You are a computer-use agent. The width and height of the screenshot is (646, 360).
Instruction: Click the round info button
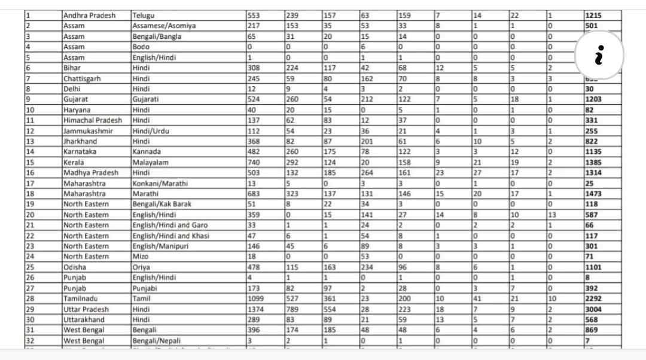(599, 55)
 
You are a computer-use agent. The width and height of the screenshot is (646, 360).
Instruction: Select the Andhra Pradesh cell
(89, 16)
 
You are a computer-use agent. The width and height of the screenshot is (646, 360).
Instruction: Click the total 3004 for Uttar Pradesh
(594, 309)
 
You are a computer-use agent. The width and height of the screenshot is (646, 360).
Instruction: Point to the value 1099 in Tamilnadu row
(256, 298)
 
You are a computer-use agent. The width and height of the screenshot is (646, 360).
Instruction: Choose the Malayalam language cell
(150, 162)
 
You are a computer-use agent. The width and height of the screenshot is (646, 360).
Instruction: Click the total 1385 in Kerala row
(594, 162)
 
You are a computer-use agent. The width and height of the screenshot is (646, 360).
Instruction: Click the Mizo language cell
(141, 257)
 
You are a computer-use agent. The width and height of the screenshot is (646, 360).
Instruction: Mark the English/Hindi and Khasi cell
(170, 236)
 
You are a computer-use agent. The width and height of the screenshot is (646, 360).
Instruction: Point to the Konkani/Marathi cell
(159, 183)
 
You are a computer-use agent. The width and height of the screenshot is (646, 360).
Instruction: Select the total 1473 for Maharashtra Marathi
(594, 194)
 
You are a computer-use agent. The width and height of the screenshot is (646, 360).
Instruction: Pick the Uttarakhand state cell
(84, 319)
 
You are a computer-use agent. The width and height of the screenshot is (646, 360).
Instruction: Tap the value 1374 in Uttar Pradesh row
(256, 309)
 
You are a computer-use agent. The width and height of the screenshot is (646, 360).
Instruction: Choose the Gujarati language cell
(146, 99)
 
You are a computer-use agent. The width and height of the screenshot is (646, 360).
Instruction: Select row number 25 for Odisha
(31, 267)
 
